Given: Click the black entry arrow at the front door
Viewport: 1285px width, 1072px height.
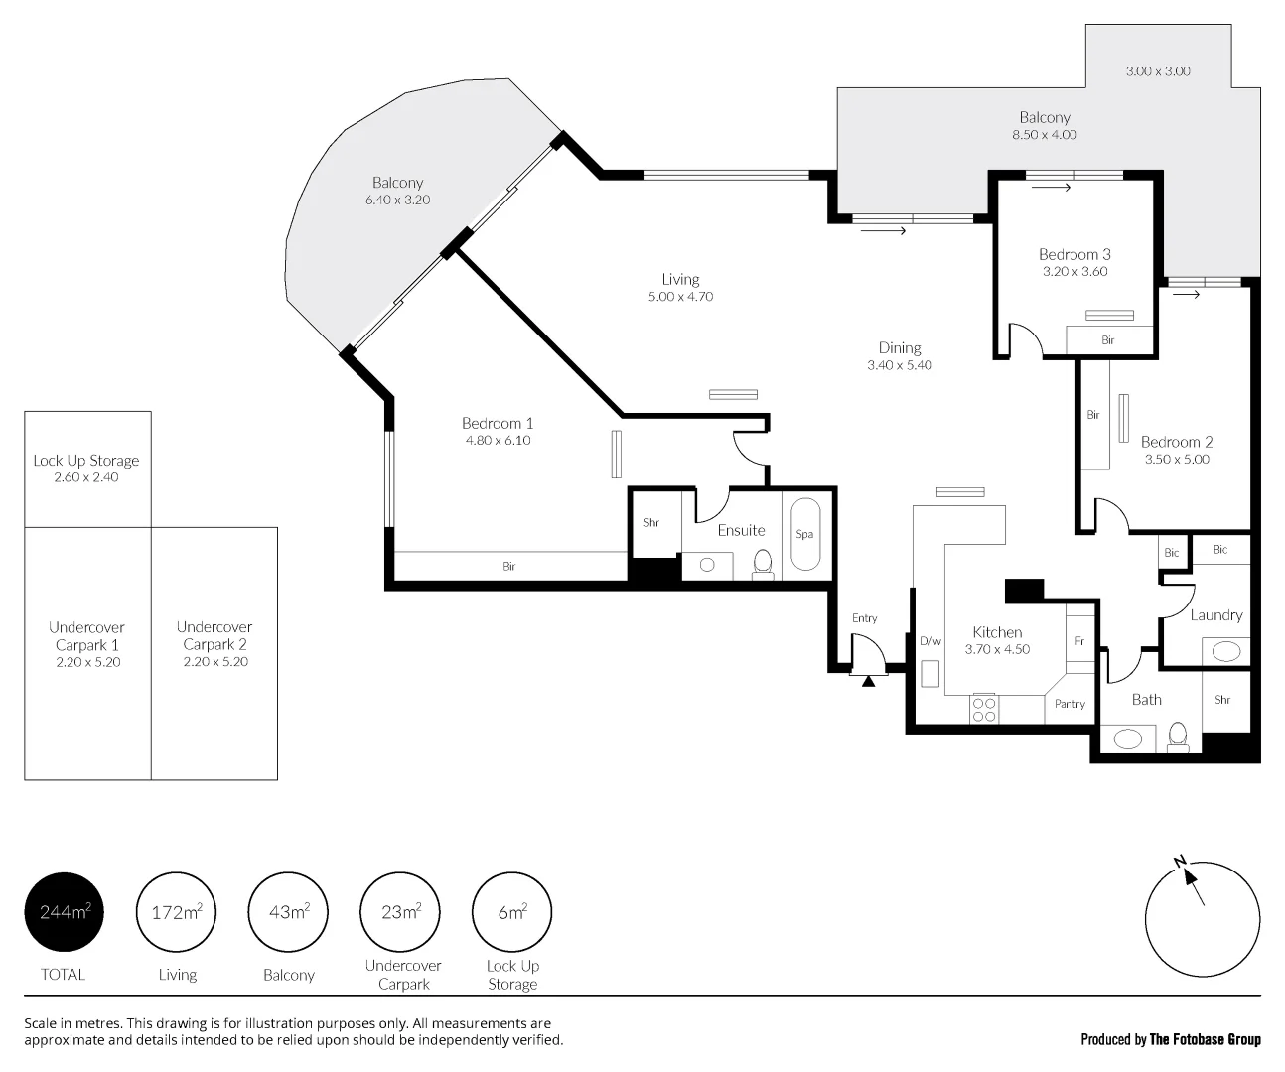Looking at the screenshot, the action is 868,681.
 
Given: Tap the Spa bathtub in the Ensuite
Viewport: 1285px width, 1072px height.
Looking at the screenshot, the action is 805,534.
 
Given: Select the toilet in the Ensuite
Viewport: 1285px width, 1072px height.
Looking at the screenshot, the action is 763,564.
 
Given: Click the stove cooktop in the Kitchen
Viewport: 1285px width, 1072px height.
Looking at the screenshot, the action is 983,709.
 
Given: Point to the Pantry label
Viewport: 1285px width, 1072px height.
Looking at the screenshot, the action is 1070,704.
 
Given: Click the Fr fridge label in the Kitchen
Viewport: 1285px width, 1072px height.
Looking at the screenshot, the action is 1079,641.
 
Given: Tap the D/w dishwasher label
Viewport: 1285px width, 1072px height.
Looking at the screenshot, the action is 930,641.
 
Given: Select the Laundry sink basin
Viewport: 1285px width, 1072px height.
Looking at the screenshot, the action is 1226,651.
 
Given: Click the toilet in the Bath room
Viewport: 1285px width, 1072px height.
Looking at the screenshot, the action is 1178,737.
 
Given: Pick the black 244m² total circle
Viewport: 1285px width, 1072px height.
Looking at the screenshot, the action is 64,911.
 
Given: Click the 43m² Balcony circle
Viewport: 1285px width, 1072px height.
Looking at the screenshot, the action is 288,911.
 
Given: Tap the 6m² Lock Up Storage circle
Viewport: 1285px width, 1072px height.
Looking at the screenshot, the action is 512,911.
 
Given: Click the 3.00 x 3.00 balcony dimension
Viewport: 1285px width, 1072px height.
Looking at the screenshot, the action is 1158,71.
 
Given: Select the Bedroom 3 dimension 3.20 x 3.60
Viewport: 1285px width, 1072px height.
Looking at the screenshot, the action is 1074,271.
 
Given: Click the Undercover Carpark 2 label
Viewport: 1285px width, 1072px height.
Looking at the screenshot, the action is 214,635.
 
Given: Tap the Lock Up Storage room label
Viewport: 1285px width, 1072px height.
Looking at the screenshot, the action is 86,461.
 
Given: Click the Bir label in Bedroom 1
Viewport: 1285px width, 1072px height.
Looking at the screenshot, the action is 509,566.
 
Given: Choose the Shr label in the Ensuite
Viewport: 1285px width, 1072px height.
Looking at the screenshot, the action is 651,523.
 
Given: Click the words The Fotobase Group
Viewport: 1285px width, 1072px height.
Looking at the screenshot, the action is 1205,1040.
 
